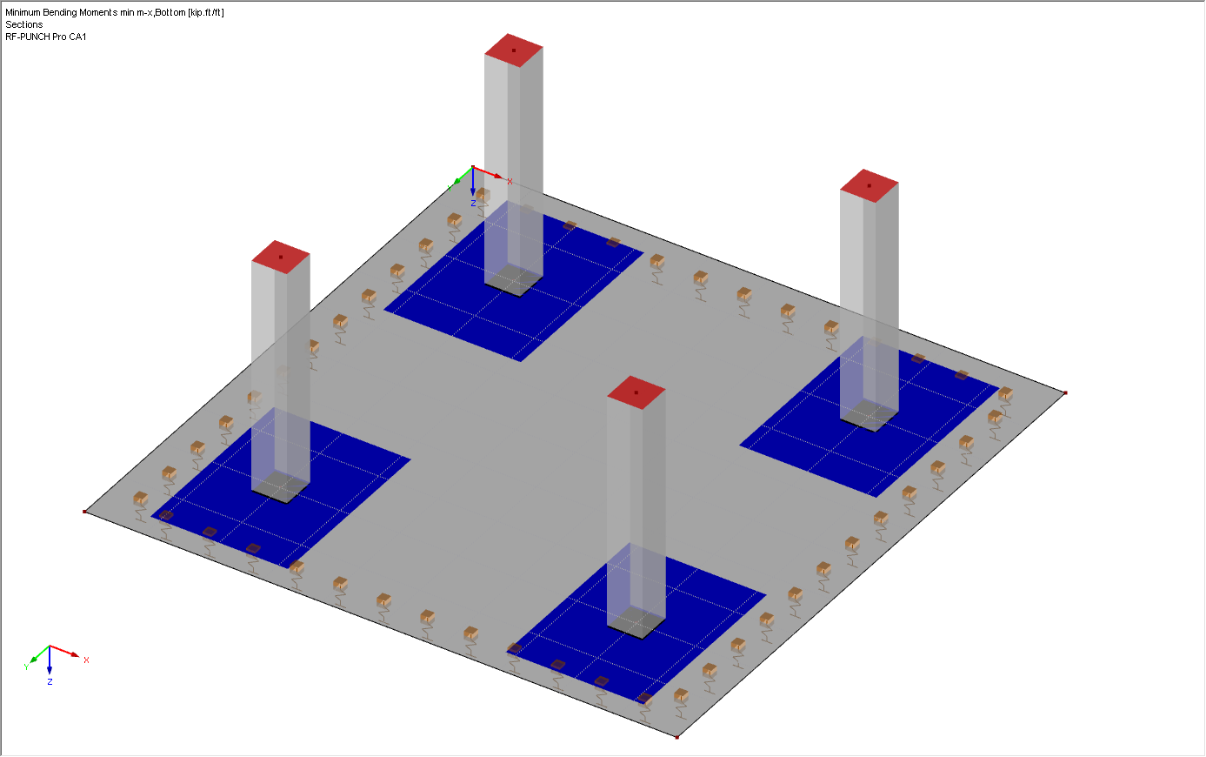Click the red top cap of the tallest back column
[x=514, y=50]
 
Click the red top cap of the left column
[x=281, y=257]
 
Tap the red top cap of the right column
[x=869, y=185]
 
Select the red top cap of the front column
[x=636, y=392]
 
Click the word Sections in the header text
[x=24, y=24]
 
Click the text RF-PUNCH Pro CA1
[x=46, y=37]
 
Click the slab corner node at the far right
[x=1065, y=393]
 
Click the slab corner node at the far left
[x=85, y=512]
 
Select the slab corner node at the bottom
[x=677, y=737]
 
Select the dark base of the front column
[x=636, y=624]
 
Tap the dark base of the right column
[x=869, y=418]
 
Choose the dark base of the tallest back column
[x=514, y=282]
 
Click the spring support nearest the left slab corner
[x=140, y=500]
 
